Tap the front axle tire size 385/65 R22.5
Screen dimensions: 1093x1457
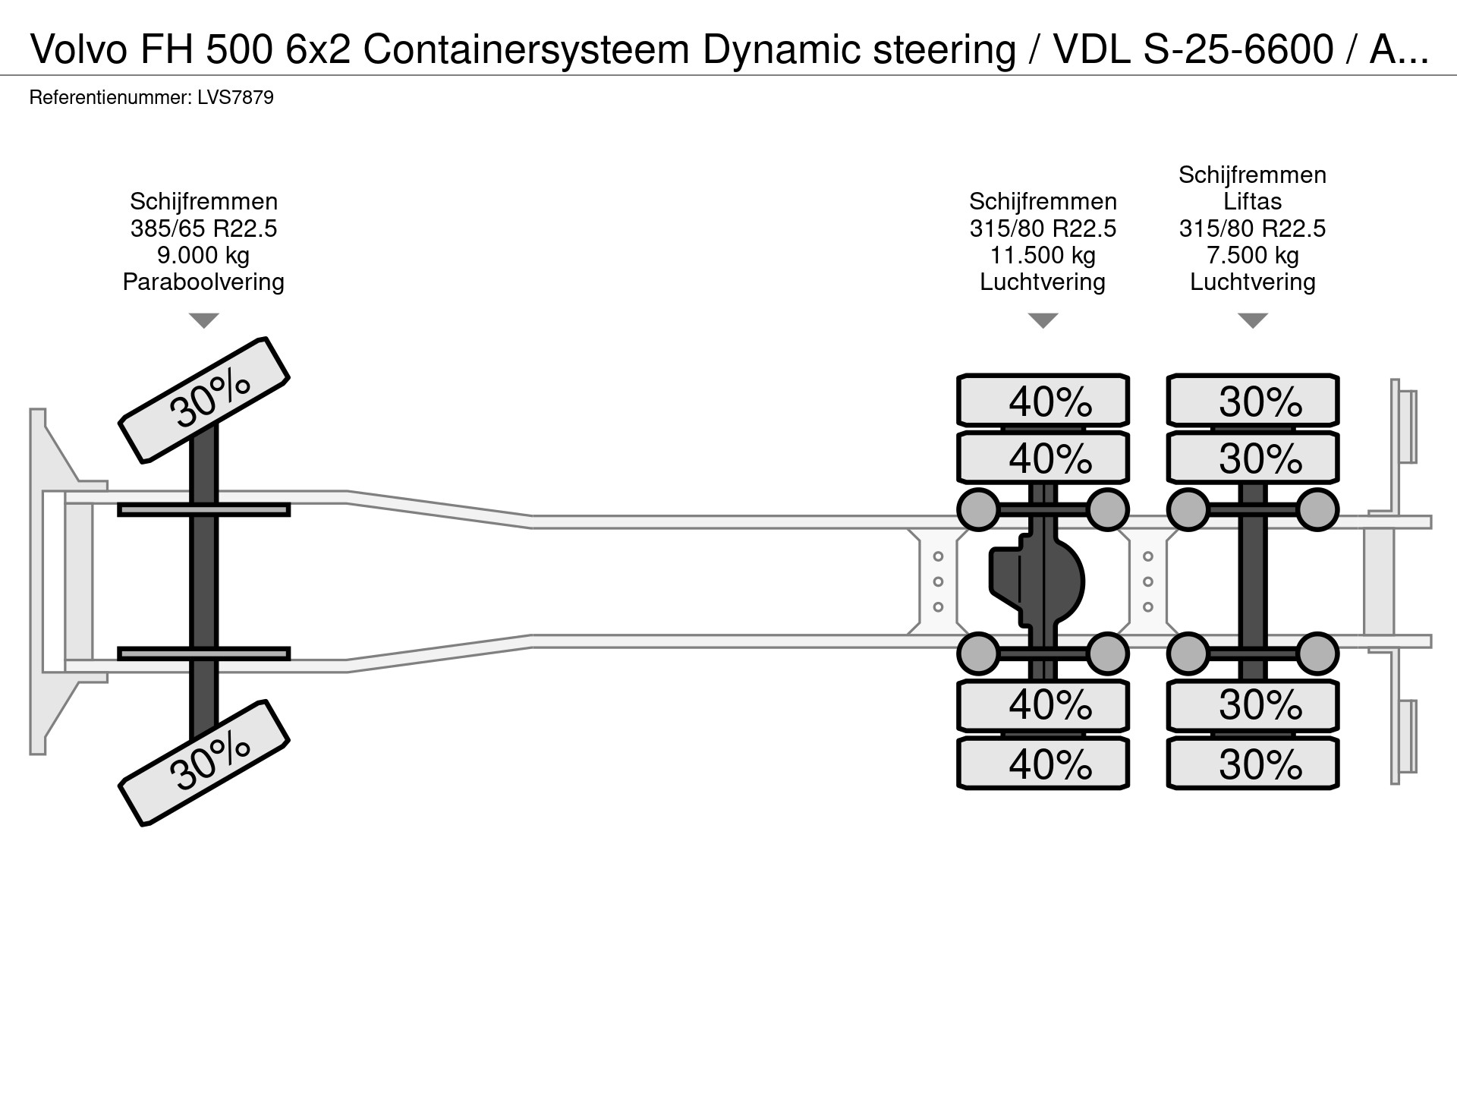(x=203, y=228)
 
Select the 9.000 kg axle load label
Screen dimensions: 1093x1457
(x=203, y=255)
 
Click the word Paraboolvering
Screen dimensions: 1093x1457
(x=203, y=282)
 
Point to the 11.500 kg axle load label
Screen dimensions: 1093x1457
(x=1043, y=255)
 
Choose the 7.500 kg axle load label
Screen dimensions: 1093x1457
(x=1252, y=255)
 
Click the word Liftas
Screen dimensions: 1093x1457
(x=1252, y=201)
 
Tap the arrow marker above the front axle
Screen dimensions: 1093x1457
(x=203, y=320)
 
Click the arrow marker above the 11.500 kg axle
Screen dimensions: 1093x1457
(x=1043, y=320)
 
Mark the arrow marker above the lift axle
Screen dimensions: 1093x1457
(x=1252, y=320)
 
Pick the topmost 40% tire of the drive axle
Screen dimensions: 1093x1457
(x=1043, y=400)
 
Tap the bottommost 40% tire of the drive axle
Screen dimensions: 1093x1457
(x=1043, y=763)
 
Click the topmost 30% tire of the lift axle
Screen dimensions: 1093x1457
(x=1252, y=400)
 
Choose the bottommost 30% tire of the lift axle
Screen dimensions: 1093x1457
(x=1252, y=763)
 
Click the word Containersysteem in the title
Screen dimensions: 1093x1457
(x=526, y=50)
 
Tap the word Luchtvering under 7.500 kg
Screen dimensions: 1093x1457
(x=1252, y=282)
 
